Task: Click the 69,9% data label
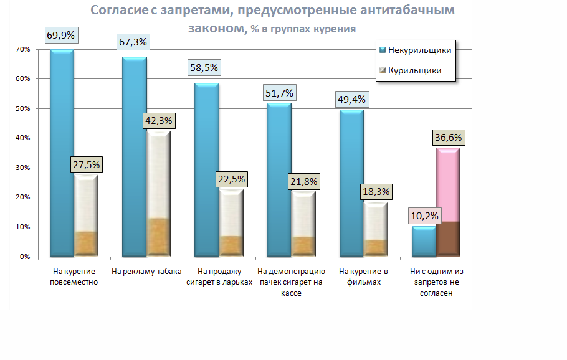(61, 35)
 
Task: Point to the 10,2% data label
(424, 217)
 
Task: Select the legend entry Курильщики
(414, 70)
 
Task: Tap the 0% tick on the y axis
(24, 257)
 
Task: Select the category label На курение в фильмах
(363, 277)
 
